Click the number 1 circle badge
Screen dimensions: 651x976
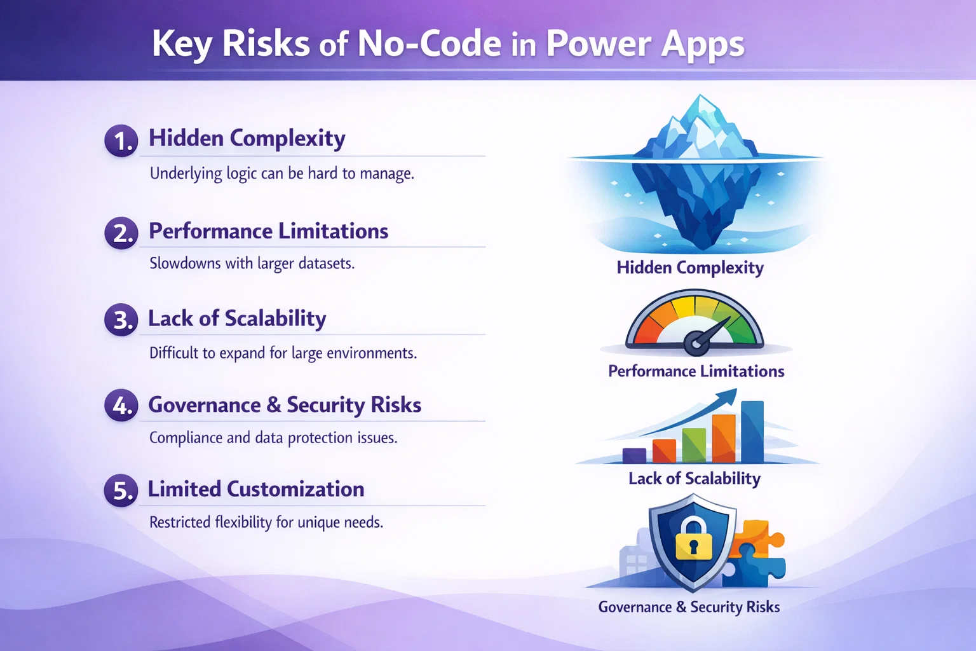(x=121, y=140)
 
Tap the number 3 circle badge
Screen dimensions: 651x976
(x=121, y=319)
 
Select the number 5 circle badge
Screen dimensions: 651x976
(x=121, y=490)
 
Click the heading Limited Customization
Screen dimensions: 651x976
(x=256, y=489)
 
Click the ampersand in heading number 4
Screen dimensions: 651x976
(x=274, y=405)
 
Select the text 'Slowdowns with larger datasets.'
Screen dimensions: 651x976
(x=252, y=263)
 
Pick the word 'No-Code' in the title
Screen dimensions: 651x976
(x=430, y=44)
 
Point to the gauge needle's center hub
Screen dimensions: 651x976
(x=696, y=344)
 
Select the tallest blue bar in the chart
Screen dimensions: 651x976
(x=752, y=432)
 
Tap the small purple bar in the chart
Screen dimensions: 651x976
(x=634, y=455)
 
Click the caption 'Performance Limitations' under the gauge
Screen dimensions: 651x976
(x=696, y=371)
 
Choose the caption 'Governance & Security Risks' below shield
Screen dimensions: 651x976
(x=689, y=607)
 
